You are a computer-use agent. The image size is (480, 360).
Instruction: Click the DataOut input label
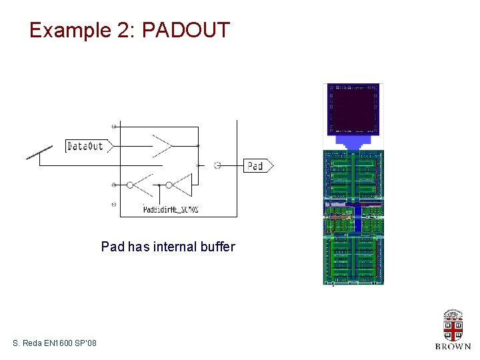click(x=86, y=145)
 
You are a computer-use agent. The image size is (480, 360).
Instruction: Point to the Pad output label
click(x=257, y=165)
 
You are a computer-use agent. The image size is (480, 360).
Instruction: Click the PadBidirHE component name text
click(x=171, y=209)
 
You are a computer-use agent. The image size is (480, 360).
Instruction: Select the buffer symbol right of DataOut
click(x=162, y=145)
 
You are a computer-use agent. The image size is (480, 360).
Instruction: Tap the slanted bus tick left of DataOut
click(x=39, y=154)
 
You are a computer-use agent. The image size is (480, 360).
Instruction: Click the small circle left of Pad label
click(x=217, y=165)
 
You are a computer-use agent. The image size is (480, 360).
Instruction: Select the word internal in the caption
click(x=173, y=247)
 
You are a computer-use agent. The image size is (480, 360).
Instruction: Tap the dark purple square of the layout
click(x=353, y=109)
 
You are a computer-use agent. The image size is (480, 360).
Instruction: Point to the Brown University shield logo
click(x=453, y=325)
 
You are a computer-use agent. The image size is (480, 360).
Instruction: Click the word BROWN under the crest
click(x=453, y=347)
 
